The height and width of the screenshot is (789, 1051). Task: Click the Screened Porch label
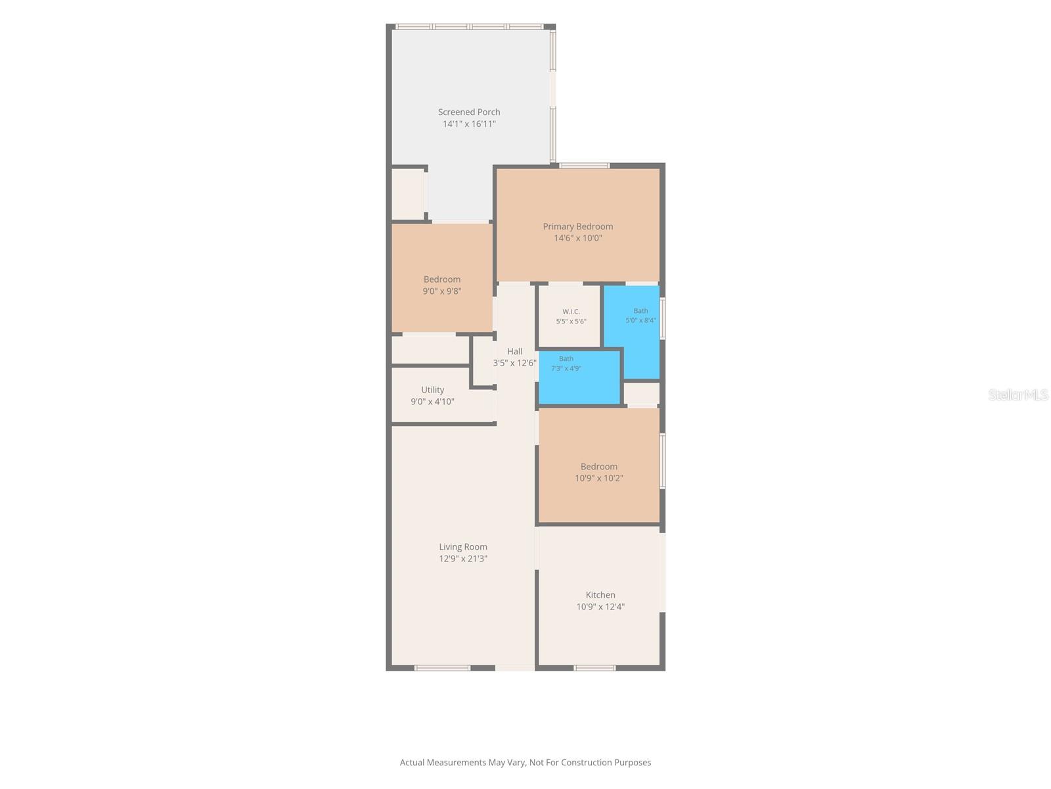point(469,112)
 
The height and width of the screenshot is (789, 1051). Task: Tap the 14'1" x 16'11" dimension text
point(469,124)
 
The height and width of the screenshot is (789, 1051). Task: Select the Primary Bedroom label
point(577,226)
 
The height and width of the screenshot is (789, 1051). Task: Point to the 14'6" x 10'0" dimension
point(577,238)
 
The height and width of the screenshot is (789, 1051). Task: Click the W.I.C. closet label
point(571,312)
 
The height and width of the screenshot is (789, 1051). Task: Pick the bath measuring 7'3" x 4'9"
point(579,377)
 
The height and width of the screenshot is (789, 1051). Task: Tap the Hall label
point(515,351)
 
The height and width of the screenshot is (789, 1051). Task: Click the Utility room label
point(432,389)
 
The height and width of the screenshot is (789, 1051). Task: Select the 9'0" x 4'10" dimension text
point(432,402)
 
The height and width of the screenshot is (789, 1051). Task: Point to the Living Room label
point(463,546)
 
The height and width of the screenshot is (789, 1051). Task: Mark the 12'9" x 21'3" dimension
point(463,559)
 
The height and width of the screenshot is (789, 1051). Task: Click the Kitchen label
point(600,594)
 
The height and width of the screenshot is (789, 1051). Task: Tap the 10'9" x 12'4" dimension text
point(600,606)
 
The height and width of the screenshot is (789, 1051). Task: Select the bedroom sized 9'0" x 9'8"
point(442,278)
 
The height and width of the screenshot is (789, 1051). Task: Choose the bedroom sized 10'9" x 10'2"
point(599,465)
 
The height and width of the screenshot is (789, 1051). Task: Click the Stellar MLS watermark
point(1018,394)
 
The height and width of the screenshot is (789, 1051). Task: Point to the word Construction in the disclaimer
point(584,762)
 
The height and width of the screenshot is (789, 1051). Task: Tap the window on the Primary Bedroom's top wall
point(584,166)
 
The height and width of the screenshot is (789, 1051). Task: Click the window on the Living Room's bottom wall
point(442,668)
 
